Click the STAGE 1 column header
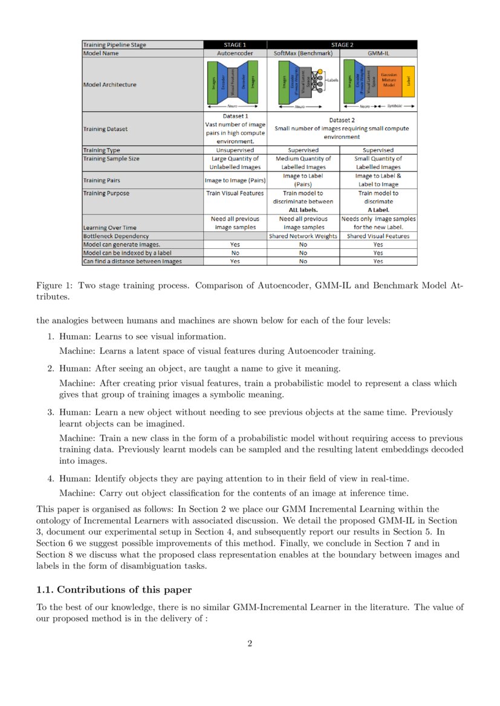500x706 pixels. pos(235,45)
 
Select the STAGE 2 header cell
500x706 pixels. pos(342,45)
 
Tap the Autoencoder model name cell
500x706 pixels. pos(235,53)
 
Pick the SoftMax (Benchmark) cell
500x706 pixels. pos(303,53)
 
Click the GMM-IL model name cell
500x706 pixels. pos(378,53)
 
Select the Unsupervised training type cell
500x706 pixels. pos(235,150)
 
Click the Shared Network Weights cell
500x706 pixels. pos(303,236)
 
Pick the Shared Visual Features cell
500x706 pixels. pos(378,236)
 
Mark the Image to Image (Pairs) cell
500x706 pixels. pos(235,180)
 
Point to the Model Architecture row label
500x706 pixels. pos(109,85)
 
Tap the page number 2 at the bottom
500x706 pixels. pos(250,643)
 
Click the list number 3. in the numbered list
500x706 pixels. pos(51,412)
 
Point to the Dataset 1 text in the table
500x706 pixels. pos(235,116)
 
